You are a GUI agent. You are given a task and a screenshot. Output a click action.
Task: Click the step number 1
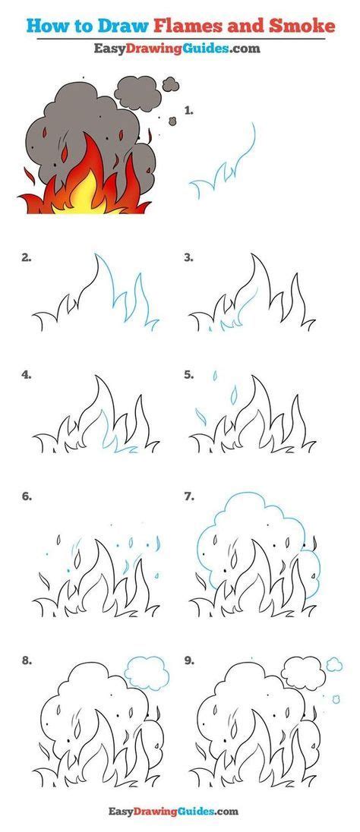[189, 110]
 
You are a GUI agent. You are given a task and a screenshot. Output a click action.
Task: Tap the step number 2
[26, 257]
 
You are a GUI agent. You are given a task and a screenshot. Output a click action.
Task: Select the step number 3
[189, 257]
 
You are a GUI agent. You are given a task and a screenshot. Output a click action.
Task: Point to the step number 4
[26, 374]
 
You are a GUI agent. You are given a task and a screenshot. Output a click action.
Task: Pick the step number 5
[189, 374]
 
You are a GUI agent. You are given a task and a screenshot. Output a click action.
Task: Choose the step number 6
[26, 497]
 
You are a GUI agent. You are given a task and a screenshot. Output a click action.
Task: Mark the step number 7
[189, 497]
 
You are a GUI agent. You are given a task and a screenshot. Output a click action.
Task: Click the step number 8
[26, 661]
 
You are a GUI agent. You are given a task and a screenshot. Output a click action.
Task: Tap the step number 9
[189, 661]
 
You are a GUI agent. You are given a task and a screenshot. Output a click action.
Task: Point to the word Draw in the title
[111, 27]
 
